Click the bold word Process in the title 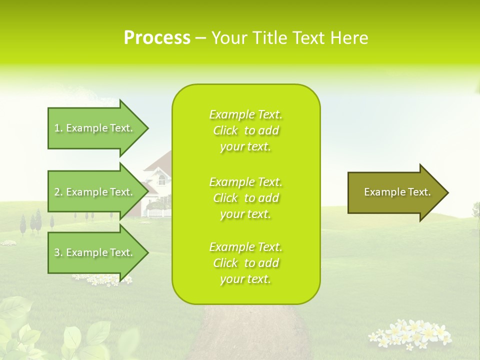(x=157, y=38)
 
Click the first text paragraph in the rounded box (x=245, y=130)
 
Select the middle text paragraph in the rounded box (x=245, y=198)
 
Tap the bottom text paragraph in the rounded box (x=245, y=263)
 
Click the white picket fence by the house (x=159, y=213)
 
